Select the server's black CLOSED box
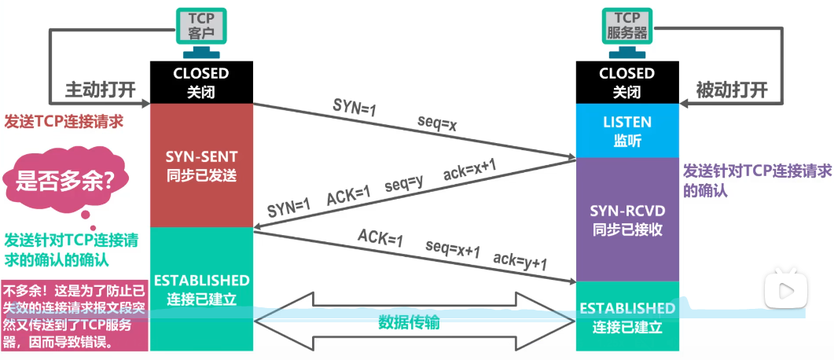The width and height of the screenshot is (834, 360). [x=626, y=82]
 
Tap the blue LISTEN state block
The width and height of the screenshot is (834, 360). [x=626, y=130]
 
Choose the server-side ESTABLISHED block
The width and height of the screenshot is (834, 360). [x=626, y=316]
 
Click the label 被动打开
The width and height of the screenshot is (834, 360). [x=731, y=89]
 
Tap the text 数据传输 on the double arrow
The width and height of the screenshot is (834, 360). [x=409, y=322]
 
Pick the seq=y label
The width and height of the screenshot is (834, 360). [x=405, y=186]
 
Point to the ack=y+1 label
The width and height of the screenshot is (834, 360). [x=520, y=260]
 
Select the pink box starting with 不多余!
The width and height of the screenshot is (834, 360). [x=75, y=314]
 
